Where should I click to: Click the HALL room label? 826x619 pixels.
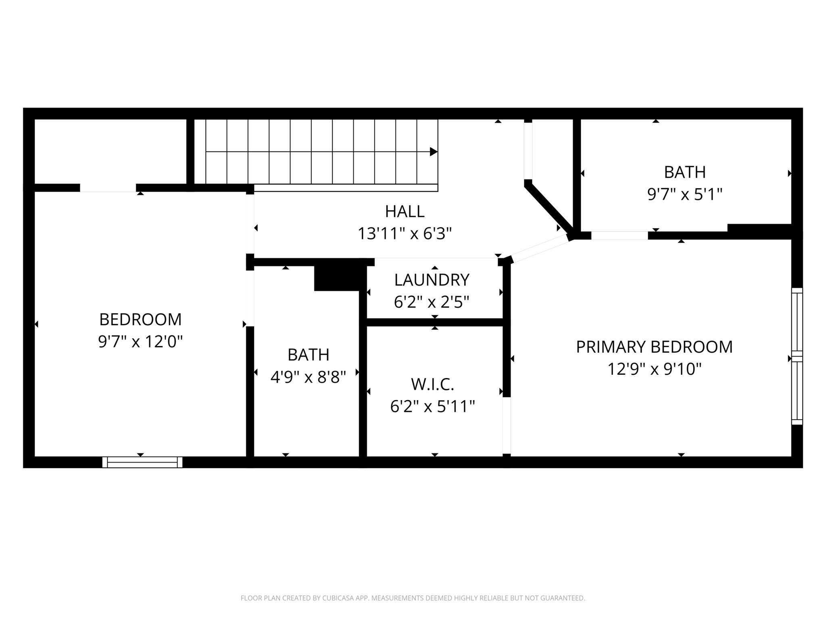point(405,212)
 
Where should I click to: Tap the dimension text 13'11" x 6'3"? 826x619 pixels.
point(405,233)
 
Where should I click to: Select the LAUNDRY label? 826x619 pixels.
point(432,280)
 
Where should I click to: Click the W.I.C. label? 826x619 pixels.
point(432,384)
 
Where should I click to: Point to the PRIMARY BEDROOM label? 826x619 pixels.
point(654,347)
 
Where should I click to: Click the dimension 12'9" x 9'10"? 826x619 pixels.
point(654,369)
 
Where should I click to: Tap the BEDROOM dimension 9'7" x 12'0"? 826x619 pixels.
point(140,342)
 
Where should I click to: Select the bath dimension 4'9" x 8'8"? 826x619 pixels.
point(308,377)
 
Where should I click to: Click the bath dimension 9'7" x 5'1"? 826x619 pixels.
point(684,195)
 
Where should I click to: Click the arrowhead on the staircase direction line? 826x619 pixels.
point(434,152)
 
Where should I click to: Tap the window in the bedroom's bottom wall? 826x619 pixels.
point(142,462)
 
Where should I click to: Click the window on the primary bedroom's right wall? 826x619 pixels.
point(797,356)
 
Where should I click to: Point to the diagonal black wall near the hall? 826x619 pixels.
point(549,210)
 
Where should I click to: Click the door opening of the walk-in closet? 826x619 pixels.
point(507,425)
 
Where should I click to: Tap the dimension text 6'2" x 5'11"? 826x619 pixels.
point(432,406)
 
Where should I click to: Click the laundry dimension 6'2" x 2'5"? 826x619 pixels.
point(432,301)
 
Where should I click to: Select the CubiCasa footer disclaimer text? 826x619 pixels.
point(413,598)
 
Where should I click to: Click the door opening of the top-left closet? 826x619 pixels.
point(108,188)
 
